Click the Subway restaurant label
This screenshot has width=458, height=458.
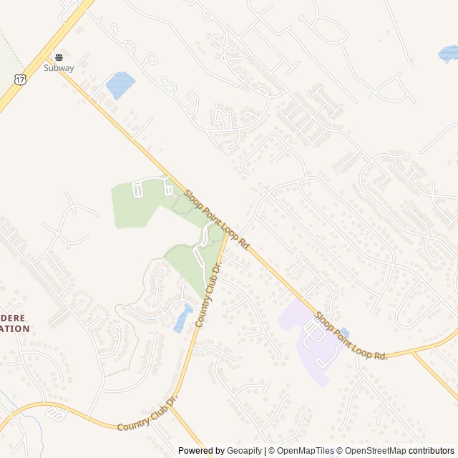click(59, 68)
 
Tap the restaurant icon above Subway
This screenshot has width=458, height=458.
click(59, 57)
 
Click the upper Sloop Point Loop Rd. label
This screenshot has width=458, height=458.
click(216, 219)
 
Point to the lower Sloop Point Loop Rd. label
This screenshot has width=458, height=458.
click(351, 335)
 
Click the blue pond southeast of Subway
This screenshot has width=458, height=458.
click(120, 85)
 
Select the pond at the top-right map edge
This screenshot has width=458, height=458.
click(449, 53)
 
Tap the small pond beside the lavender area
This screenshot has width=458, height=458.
click(344, 333)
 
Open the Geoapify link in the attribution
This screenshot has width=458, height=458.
click(243, 451)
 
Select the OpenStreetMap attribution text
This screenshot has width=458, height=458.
click(375, 451)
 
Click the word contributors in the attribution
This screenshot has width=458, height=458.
click(432, 451)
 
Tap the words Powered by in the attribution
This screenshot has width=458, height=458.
click(200, 451)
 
